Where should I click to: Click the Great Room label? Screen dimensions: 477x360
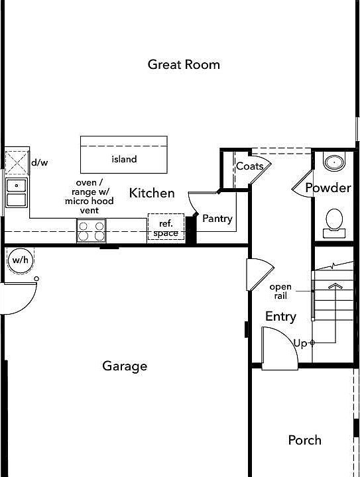pos(184,64)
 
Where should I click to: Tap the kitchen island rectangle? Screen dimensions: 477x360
pos(124,154)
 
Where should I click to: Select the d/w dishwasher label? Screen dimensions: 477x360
pos(39,162)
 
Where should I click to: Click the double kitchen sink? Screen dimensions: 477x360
pos(16,193)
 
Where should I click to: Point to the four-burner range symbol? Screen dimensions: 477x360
pos(91,231)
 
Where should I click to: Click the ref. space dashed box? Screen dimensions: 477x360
pos(165,228)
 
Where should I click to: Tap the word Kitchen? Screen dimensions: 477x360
pos(152,193)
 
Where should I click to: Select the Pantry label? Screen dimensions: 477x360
pos(217,219)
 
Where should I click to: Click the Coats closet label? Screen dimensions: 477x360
pos(249,166)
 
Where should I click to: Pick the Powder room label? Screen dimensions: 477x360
pos(328,188)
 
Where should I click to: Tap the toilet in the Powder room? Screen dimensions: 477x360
pos(334,221)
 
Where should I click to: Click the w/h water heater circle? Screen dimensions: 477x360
pos(19,260)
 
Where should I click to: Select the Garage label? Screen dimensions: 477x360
pos(125,366)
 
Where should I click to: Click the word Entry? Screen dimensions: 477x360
pos(280,317)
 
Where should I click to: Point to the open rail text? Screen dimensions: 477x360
pos(280,291)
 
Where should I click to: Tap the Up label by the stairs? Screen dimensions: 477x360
pos(300,343)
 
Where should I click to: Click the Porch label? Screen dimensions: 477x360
pos(305,440)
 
